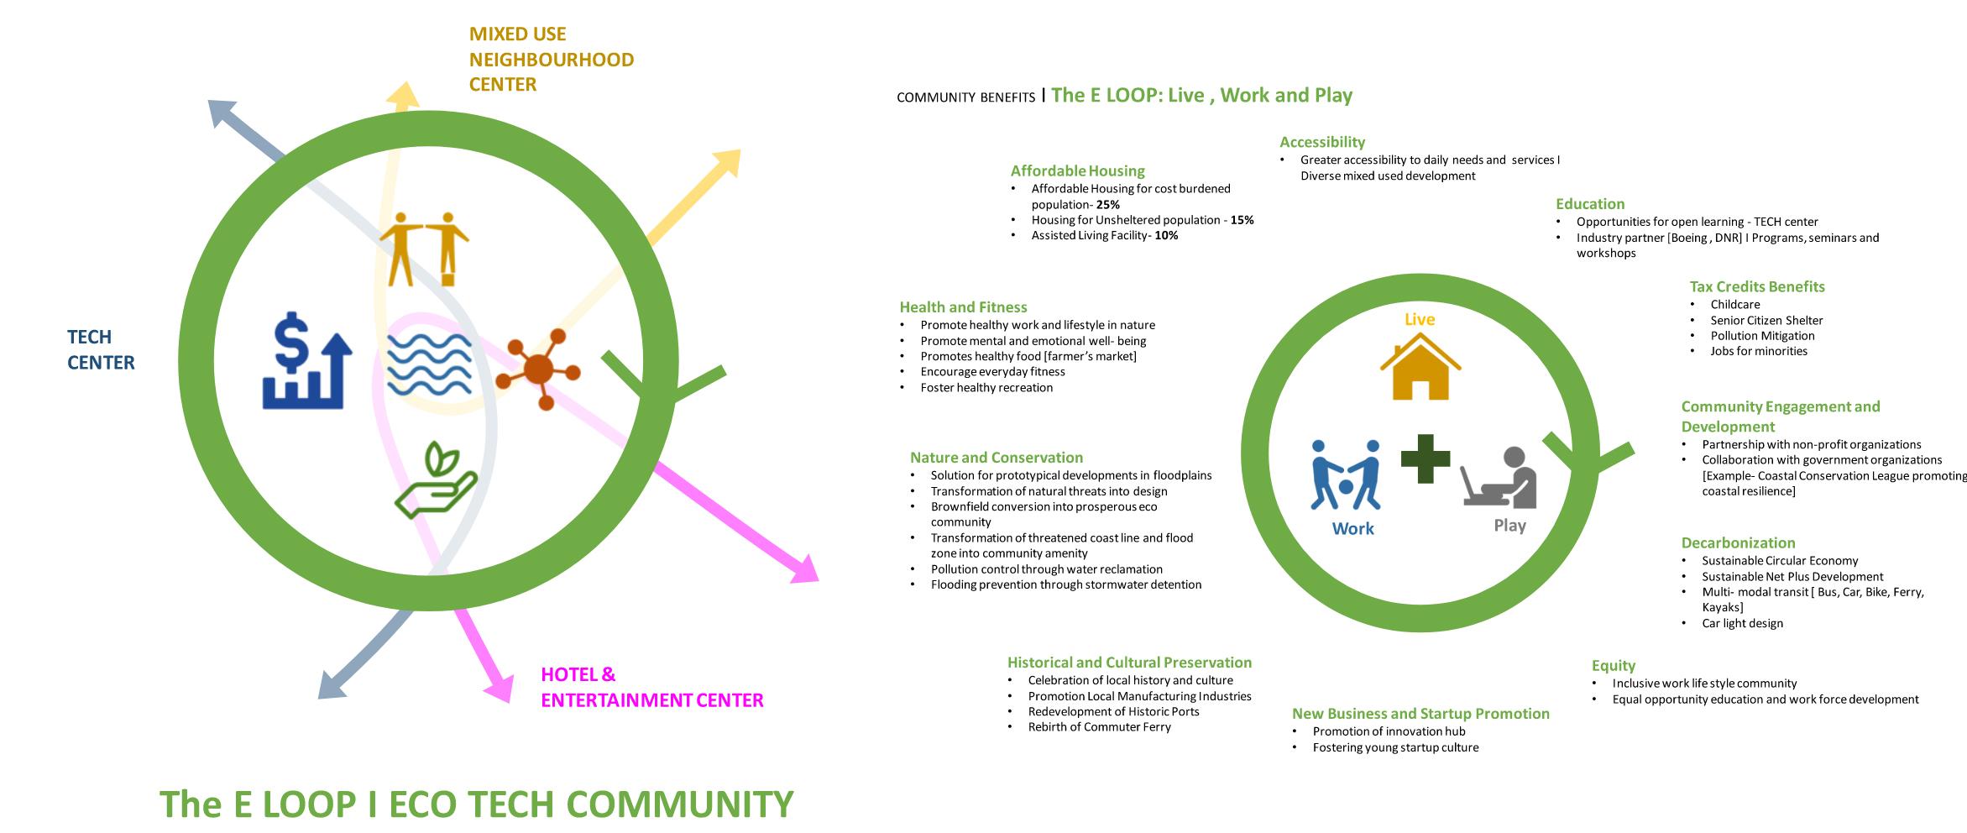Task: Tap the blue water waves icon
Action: point(429,364)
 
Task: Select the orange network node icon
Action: point(538,369)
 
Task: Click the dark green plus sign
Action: point(1426,458)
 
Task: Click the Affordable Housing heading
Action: point(1077,170)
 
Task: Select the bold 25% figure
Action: point(1107,205)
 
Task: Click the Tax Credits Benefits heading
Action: point(1757,286)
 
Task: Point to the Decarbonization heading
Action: point(1738,542)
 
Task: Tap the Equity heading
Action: point(1614,665)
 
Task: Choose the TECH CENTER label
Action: point(101,349)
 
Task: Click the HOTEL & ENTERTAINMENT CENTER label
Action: point(651,687)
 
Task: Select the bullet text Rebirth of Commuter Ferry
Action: point(1099,727)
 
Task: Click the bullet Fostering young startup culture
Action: point(1395,747)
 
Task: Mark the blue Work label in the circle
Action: point(1352,528)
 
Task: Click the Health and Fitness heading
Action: point(963,307)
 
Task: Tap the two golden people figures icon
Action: point(424,248)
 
